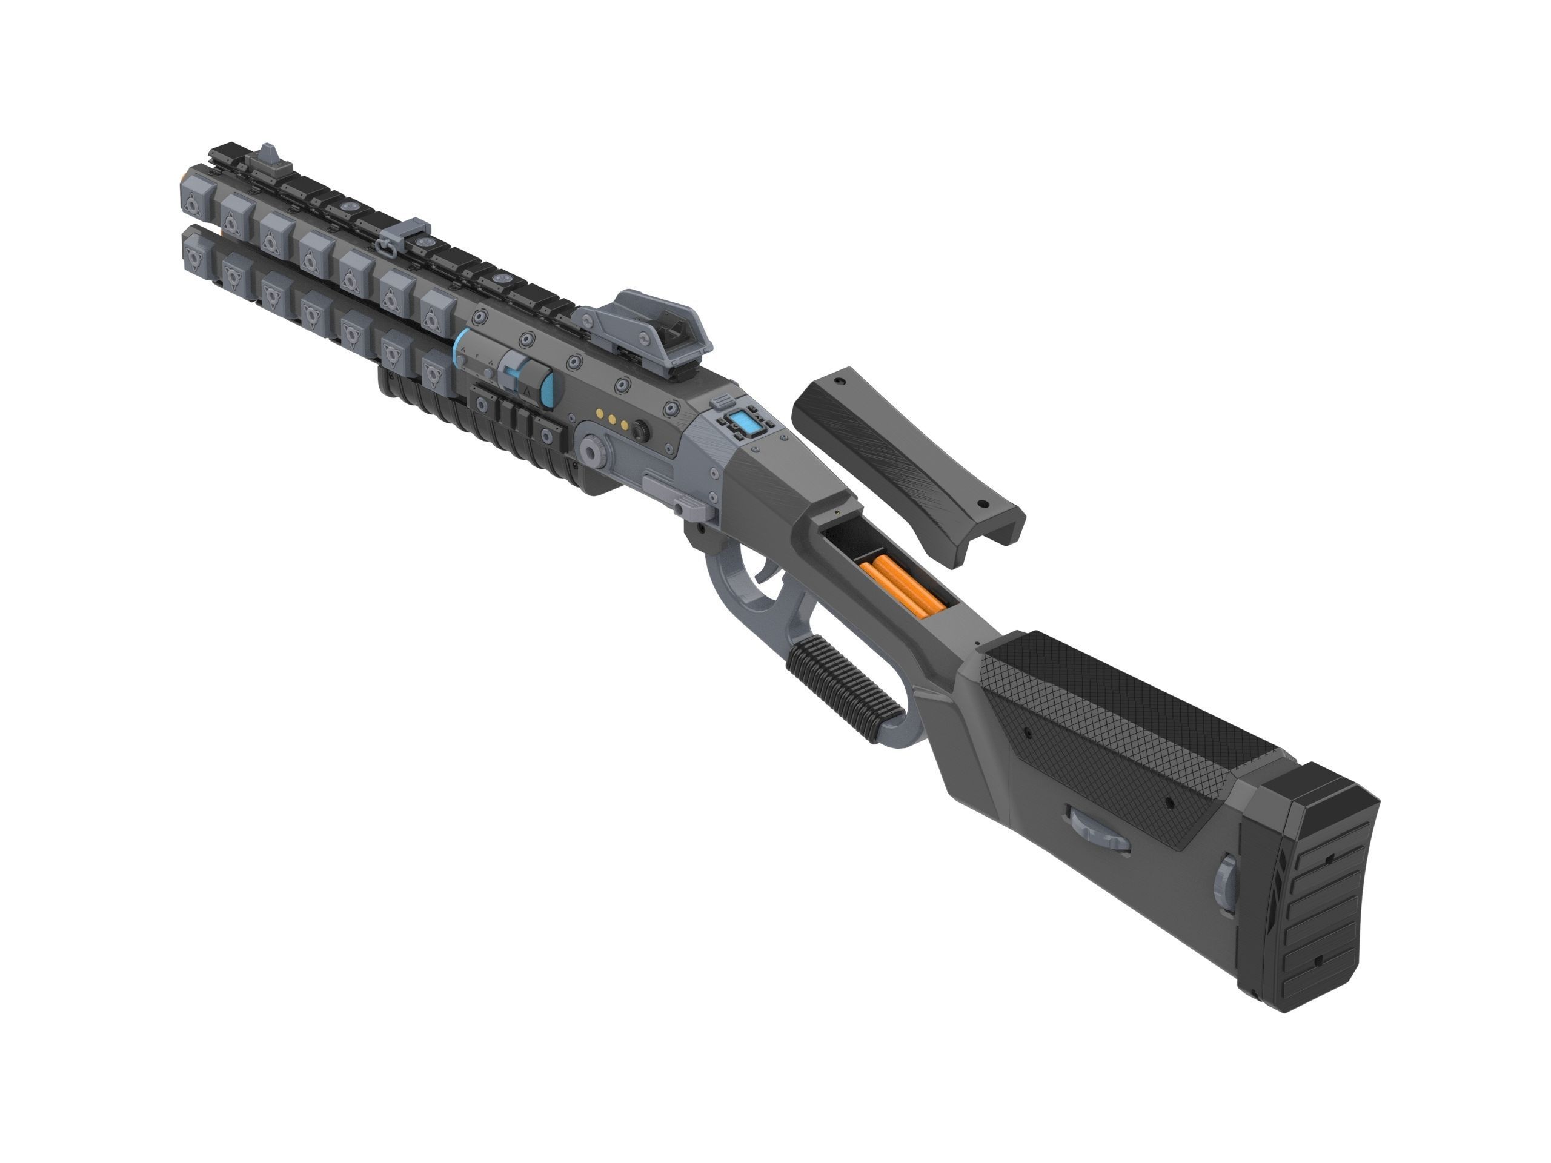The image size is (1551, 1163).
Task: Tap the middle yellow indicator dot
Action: pos(612,420)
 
